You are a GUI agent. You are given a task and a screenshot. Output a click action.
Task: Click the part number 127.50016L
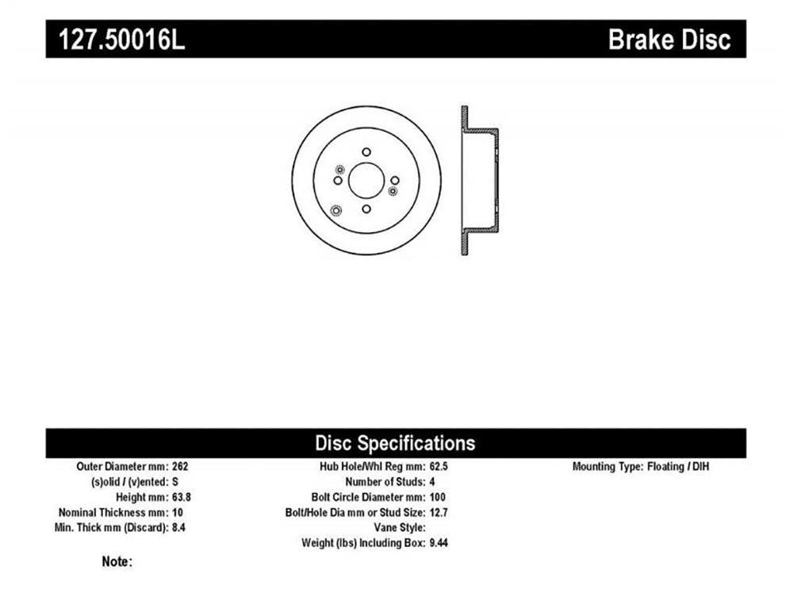pyautogui.click(x=122, y=40)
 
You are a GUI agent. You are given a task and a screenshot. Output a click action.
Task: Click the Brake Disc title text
pyautogui.click(x=669, y=40)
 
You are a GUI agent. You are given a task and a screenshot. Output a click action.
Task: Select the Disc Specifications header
pyautogui.click(x=395, y=443)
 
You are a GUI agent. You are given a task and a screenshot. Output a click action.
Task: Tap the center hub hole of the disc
pyautogui.click(x=366, y=181)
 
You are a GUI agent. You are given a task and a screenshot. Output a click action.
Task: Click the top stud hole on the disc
pyautogui.click(x=366, y=151)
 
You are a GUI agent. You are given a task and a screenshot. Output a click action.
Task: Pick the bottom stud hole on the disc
pyautogui.click(x=366, y=209)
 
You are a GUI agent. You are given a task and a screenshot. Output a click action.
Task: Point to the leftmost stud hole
pyautogui.click(x=338, y=181)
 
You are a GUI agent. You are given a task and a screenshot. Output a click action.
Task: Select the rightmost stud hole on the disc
pyautogui.click(x=395, y=181)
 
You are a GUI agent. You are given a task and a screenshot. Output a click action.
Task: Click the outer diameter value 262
pyautogui.click(x=180, y=466)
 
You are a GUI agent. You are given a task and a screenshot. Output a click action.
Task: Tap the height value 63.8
pyautogui.click(x=182, y=497)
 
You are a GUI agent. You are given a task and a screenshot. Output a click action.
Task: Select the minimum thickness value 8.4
pyautogui.click(x=178, y=528)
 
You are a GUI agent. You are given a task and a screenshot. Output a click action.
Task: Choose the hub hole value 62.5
pyautogui.click(x=439, y=466)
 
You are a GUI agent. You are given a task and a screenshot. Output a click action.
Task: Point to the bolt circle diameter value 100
pyautogui.click(x=438, y=497)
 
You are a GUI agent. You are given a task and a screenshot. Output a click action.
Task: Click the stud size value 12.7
pyautogui.click(x=439, y=512)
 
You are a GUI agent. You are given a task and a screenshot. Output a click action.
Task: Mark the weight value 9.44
pyautogui.click(x=439, y=543)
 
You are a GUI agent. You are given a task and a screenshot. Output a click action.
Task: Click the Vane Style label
pyautogui.click(x=400, y=528)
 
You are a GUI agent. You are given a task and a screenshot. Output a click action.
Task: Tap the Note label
pyautogui.click(x=117, y=561)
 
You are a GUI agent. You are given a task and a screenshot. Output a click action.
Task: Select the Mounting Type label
pyautogui.click(x=608, y=467)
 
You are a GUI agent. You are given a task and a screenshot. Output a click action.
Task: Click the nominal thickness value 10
pyautogui.click(x=178, y=512)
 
